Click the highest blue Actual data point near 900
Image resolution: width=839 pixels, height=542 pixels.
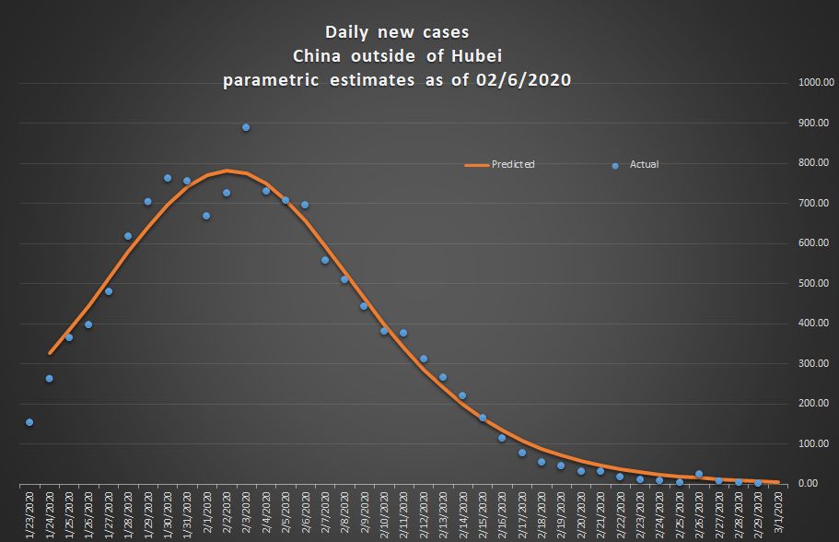point(246,127)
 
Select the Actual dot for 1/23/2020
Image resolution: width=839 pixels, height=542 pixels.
point(29,422)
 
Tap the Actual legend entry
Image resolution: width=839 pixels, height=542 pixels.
point(643,165)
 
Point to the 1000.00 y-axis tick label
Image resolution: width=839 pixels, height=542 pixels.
point(816,83)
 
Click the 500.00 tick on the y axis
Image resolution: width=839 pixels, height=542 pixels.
point(816,283)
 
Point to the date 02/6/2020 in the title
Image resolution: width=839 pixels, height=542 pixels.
point(525,80)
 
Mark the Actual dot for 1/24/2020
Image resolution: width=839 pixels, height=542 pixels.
point(49,378)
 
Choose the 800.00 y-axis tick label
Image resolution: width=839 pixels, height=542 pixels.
point(816,163)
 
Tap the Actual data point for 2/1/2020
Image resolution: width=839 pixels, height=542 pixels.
point(206,216)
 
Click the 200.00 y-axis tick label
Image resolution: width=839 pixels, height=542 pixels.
point(816,403)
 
